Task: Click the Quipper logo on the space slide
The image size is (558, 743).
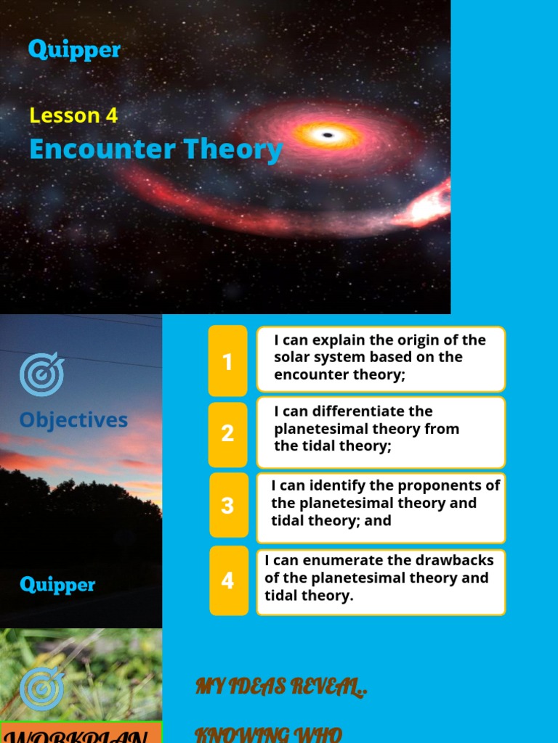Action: coord(74,49)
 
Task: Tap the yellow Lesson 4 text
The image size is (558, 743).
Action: coord(73,115)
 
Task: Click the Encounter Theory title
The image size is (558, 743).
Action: coord(155,149)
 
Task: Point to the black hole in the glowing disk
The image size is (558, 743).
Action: coord(328,135)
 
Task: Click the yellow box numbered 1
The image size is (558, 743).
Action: coord(227,361)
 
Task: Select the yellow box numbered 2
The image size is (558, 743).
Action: coord(227,434)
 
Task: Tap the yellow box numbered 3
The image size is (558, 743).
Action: coord(227,505)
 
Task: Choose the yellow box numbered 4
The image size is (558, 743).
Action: coord(227,580)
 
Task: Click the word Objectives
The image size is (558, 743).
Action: coord(73,420)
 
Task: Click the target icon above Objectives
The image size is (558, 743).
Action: coord(41,374)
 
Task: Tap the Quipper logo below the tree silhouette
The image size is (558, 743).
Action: coord(57,584)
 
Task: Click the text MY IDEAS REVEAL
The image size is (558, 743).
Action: coord(281,687)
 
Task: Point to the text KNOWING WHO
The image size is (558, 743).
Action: coord(268,734)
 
